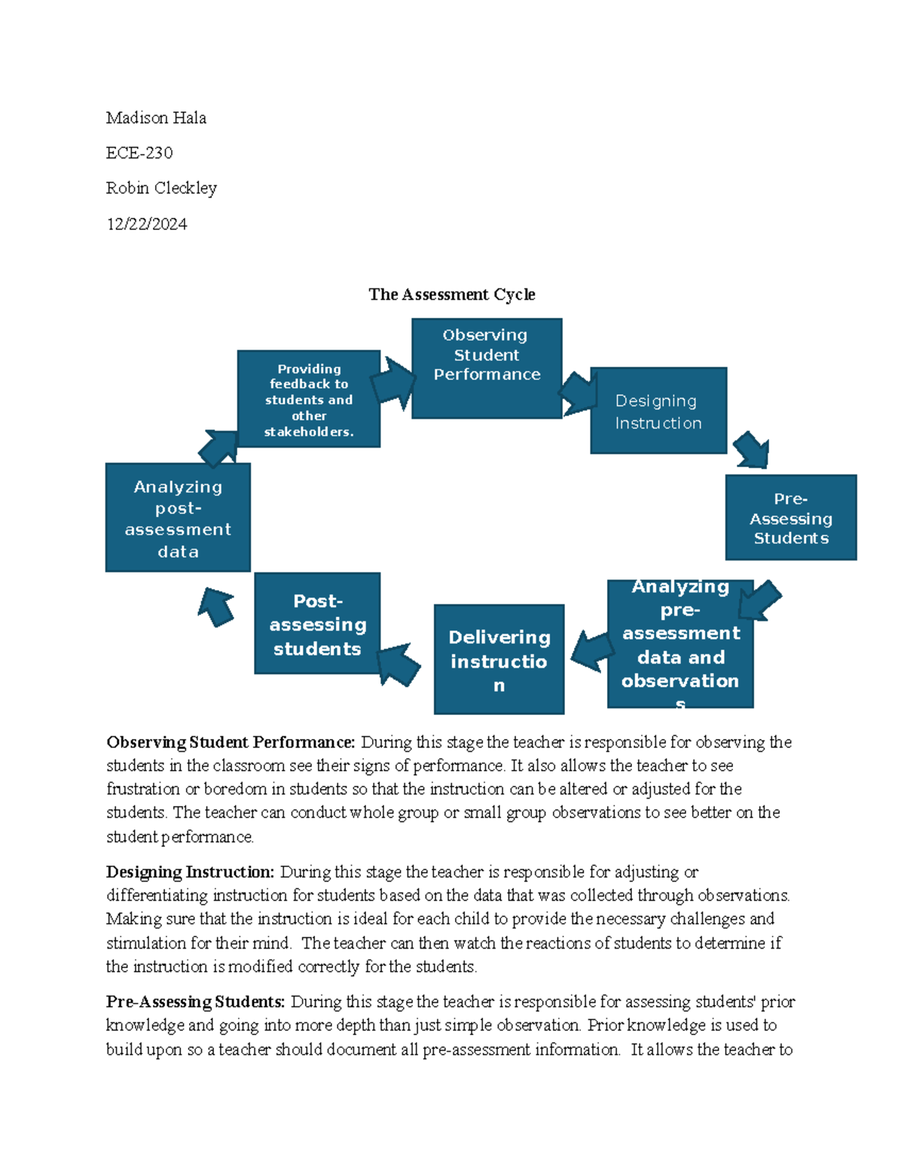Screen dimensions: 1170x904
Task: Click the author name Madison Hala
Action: click(156, 118)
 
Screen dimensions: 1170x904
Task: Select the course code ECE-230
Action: click(139, 153)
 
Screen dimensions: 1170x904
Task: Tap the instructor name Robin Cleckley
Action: click(161, 188)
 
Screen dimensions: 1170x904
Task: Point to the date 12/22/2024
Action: click(147, 224)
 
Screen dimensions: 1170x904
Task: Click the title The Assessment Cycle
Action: click(451, 295)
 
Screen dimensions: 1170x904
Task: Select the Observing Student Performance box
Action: click(487, 368)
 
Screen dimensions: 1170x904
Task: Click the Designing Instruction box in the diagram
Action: click(658, 411)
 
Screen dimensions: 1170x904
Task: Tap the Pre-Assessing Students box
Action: click(790, 518)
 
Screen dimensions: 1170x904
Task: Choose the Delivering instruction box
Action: click(499, 659)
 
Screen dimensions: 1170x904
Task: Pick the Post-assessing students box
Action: click(317, 624)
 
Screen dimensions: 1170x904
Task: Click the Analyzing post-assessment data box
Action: click(178, 518)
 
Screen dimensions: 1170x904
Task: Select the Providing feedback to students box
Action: click(309, 399)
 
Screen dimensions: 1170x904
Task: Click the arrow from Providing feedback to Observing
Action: click(393, 382)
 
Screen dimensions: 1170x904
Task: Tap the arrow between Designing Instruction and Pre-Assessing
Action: click(752, 450)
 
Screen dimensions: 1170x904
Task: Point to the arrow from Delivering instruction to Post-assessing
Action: click(398, 664)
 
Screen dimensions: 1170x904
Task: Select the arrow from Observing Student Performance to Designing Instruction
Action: click(579, 393)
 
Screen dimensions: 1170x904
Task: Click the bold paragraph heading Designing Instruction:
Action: click(190, 872)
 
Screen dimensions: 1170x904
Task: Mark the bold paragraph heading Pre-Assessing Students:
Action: click(195, 1001)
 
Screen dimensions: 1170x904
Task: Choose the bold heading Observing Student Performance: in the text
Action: click(231, 742)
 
